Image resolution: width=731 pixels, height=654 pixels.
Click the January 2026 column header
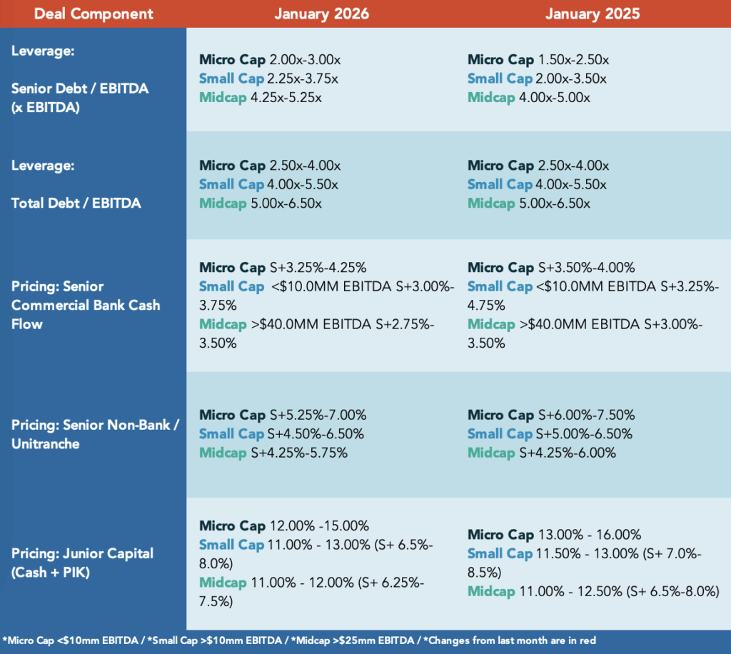(x=321, y=14)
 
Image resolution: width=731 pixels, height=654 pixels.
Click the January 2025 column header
(x=593, y=14)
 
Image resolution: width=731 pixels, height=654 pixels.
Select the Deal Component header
(x=94, y=14)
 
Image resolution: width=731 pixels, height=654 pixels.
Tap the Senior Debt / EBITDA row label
(x=80, y=89)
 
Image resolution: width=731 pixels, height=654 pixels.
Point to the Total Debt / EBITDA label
(x=76, y=203)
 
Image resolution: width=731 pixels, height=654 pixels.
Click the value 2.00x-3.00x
(x=305, y=60)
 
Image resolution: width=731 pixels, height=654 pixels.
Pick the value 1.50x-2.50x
(x=573, y=60)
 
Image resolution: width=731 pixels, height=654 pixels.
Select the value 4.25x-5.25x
(x=286, y=98)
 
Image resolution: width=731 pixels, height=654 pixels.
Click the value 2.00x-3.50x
(x=571, y=79)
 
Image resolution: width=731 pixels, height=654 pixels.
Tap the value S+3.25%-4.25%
(x=318, y=268)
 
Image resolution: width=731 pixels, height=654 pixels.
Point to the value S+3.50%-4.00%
(x=587, y=268)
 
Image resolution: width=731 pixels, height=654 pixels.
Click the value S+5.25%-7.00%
(x=318, y=415)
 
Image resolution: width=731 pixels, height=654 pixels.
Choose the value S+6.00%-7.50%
(x=587, y=415)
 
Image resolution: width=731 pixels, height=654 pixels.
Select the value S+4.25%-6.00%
(x=568, y=453)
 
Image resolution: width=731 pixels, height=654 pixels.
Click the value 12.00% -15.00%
(x=319, y=525)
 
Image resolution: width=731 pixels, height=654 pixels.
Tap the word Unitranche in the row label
(x=45, y=444)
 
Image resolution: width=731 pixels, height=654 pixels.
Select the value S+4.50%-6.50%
(x=316, y=434)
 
